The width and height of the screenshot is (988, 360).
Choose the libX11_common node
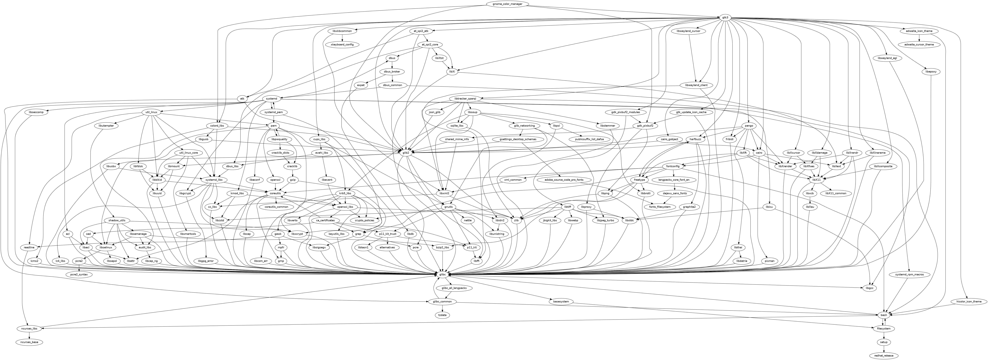point(833,193)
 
